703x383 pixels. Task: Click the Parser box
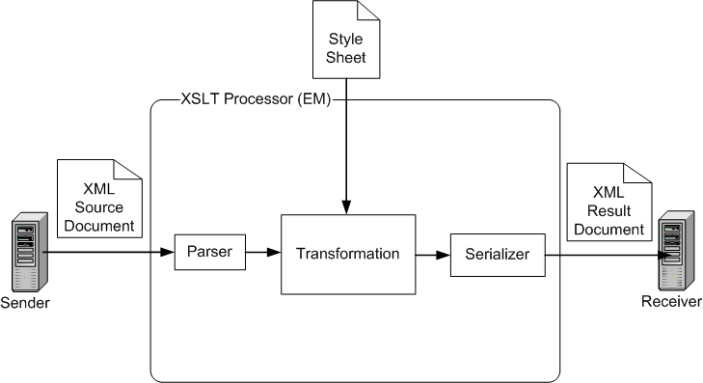click(207, 254)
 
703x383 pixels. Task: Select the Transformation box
click(348, 255)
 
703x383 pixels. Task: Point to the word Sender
click(28, 303)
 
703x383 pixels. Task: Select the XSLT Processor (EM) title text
click(256, 99)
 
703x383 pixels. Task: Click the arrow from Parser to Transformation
click(261, 255)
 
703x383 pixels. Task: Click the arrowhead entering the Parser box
click(167, 255)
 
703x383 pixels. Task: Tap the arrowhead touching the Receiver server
click(662, 256)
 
